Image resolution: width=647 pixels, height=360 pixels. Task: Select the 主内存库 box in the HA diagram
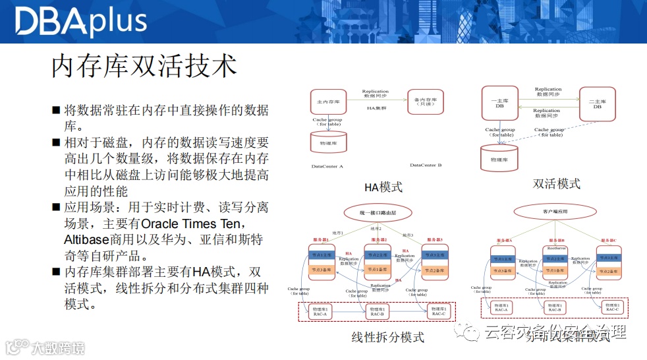[328, 103]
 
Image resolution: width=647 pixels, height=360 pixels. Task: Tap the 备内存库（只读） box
[426, 103]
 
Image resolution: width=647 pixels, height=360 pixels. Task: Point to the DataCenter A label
[327, 166]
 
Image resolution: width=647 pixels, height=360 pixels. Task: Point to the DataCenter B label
[426, 165]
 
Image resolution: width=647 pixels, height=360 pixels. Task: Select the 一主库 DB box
[499, 103]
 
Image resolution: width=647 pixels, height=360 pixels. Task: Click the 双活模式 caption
[557, 184]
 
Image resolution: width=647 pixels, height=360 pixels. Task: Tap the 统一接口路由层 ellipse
[376, 213]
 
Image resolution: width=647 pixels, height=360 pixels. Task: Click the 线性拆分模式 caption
[388, 338]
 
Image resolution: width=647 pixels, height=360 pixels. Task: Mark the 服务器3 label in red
[431, 240]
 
